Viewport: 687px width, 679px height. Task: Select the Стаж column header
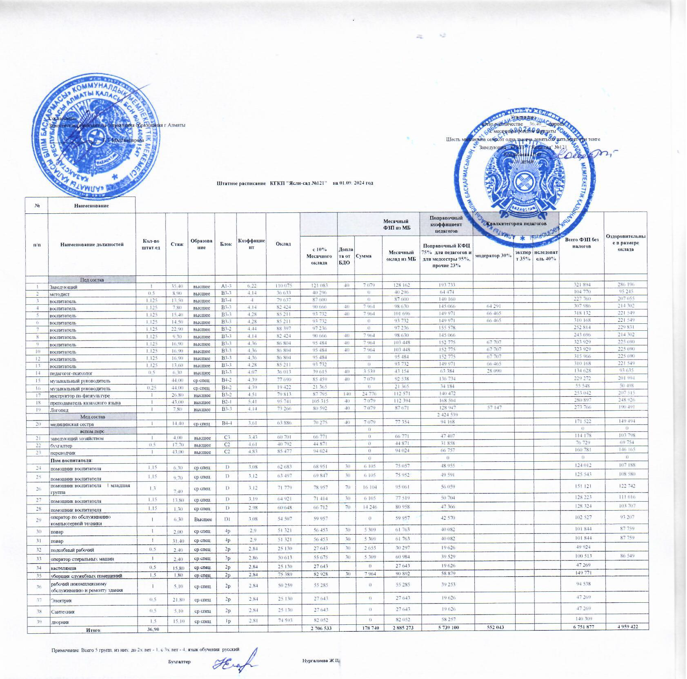pos(177,244)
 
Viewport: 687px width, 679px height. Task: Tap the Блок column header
pos(226,244)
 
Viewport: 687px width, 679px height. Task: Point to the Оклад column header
pos(283,243)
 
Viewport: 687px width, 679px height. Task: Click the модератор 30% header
pos(494,256)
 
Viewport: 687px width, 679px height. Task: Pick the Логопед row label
pos(59,410)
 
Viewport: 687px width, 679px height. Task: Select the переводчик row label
pos(63,453)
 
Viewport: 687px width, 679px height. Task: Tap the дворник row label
pos(60,622)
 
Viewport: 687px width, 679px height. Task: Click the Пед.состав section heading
pos(92,280)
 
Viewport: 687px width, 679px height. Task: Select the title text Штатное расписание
pos(241,183)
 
